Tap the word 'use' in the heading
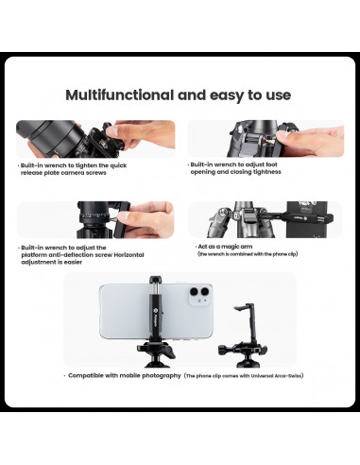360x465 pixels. [275, 95]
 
